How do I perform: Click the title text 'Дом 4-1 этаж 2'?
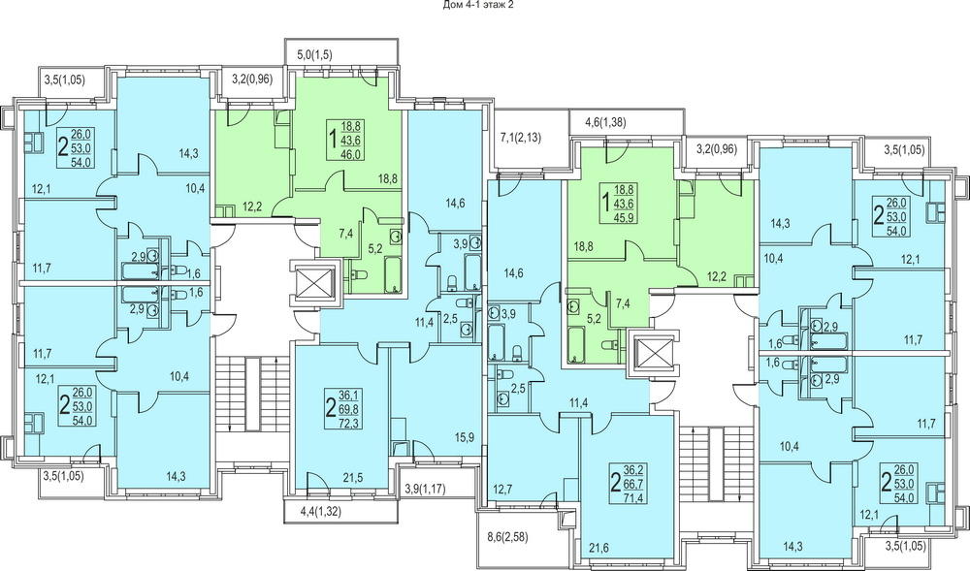tap(479, 5)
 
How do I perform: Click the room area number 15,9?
tap(464, 438)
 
